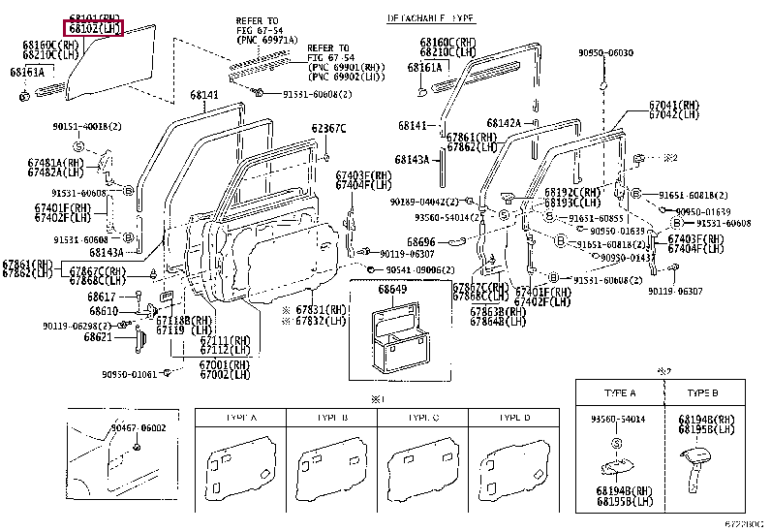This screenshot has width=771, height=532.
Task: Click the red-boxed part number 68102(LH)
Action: (x=94, y=29)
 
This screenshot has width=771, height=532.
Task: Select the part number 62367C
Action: (x=328, y=128)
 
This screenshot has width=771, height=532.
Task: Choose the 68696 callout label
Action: (x=420, y=241)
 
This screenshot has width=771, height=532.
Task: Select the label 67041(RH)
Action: (x=674, y=105)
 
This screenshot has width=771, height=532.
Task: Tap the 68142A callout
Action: (x=504, y=123)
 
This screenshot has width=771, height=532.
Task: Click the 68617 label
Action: (x=102, y=296)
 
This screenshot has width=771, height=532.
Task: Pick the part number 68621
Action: (x=98, y=336)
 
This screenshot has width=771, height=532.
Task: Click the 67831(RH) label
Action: (x=320, y=309)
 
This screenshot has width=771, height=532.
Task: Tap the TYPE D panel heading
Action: (x=513, y=417)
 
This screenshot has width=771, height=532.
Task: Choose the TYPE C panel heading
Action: (x=423, y=417)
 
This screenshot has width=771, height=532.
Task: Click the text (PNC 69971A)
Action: (x=260, y=40)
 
